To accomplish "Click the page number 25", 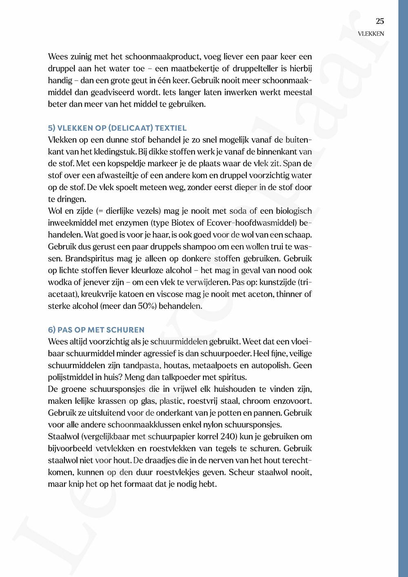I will [x=380, y=21].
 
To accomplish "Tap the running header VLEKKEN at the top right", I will [x=370, y=34].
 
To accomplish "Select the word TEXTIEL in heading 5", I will [x=171, y=128].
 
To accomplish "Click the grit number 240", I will [x=228, y=436].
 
